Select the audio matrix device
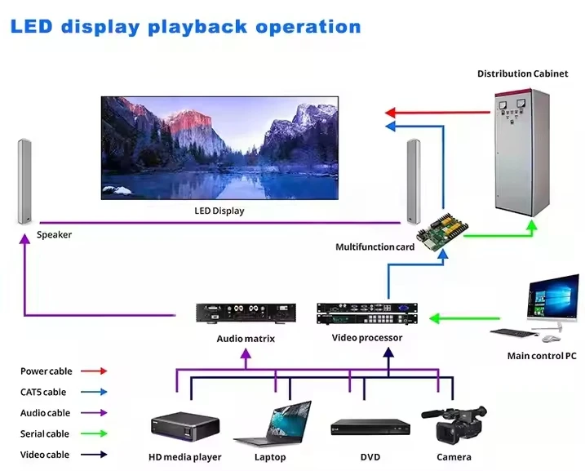(x=246, y=313)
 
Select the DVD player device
(x=370, y=427)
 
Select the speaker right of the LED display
(x=413, y=181)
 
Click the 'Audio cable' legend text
(x=46, y=413)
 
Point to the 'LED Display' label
(x=218, y=211)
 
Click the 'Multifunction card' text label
(x=375, y=247)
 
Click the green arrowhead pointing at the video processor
(x=435, y=317)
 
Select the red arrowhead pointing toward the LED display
(x=391, y=112)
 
